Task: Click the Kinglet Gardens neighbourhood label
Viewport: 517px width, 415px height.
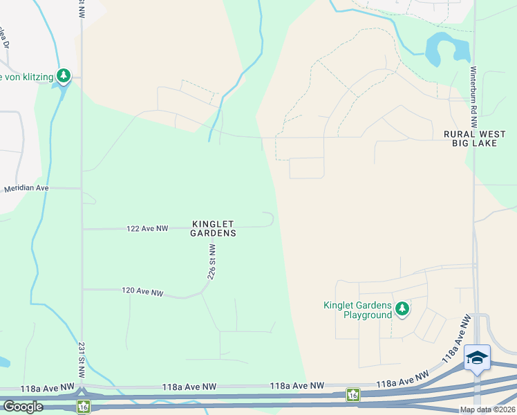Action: tap(214, 229)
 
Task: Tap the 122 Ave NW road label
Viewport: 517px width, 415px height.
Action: tap(147, 228)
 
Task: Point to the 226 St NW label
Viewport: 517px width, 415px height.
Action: tap(212, 261)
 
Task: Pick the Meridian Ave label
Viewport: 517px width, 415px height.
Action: tap(27, 188)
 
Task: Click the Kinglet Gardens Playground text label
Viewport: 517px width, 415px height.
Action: tap(357, 310)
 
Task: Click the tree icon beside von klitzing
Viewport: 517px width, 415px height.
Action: tap(64, 75)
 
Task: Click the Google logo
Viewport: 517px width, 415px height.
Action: tap(23, 407)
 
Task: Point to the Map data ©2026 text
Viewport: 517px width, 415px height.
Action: tap(488, 409)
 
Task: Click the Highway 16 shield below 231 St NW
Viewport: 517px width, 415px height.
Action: tap(82, 407)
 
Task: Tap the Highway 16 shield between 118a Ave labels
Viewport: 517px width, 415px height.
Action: tap(353, 394)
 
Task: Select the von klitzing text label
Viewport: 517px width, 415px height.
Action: tap(28, 76)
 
